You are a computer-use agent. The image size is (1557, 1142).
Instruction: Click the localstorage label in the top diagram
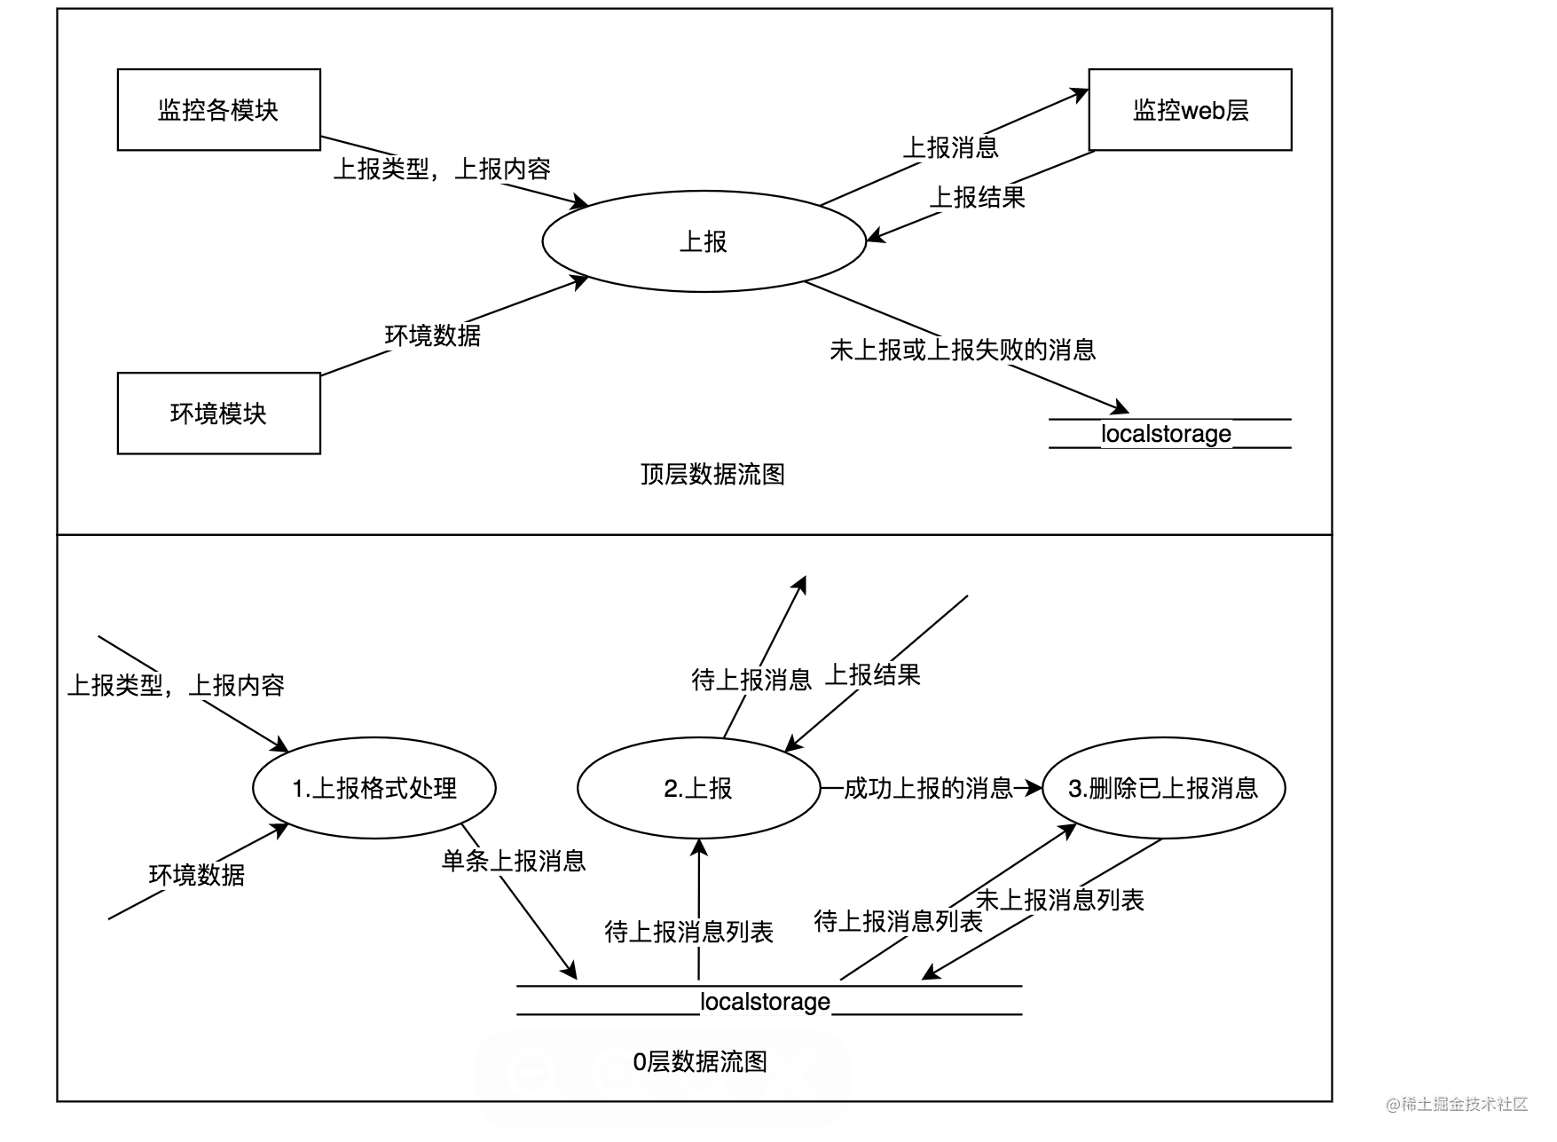[1166, 434]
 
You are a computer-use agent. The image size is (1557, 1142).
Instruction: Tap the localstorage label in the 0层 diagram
[765, 1002]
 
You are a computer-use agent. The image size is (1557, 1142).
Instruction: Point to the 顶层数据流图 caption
[712, 475]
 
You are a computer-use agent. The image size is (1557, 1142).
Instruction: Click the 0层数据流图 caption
[700, 1062]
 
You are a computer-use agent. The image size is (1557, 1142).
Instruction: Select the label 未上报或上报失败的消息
[963, 350]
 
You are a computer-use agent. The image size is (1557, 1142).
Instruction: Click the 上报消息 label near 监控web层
[951, 147]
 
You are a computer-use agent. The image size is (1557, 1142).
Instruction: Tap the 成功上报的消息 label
[928, 788]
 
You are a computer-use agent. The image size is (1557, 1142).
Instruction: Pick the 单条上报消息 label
[514, 861]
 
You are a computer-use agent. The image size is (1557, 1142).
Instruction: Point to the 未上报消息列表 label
[1060, 900]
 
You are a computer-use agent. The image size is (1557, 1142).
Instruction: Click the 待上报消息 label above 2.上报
[751, 680]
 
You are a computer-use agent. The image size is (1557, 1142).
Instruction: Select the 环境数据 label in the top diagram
[433, 335]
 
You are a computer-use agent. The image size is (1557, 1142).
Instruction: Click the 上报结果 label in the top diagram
[977, 197]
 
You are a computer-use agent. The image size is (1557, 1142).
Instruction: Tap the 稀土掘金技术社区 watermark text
[1458, 1104]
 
